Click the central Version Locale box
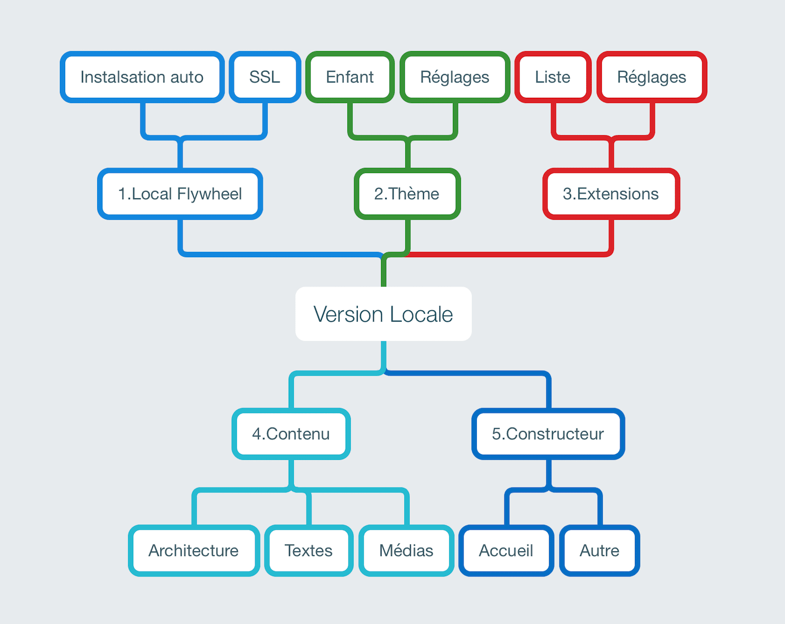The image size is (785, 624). coord(383,314)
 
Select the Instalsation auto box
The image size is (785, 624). coord(142,77)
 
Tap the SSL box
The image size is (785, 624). coord(265,77)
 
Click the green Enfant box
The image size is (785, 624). coord(350,77)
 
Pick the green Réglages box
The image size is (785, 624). coord(455,77)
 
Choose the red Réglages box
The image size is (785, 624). coord(652,77)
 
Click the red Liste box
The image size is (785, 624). coord(552,77)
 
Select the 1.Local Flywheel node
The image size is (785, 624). coord(180,194)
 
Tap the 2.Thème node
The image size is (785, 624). coord(407,194)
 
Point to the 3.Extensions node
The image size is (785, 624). coord(611,194)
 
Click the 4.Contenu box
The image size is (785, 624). coord(291,434)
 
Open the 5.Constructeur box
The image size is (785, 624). coord(548,434)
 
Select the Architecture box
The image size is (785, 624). coord(194,550)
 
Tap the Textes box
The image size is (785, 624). coord(309,550)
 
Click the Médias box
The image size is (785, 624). coord(406,550)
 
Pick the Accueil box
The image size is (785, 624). coord(506,550)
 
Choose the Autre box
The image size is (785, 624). coord(600,550)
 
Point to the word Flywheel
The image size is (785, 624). coord(209,194)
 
